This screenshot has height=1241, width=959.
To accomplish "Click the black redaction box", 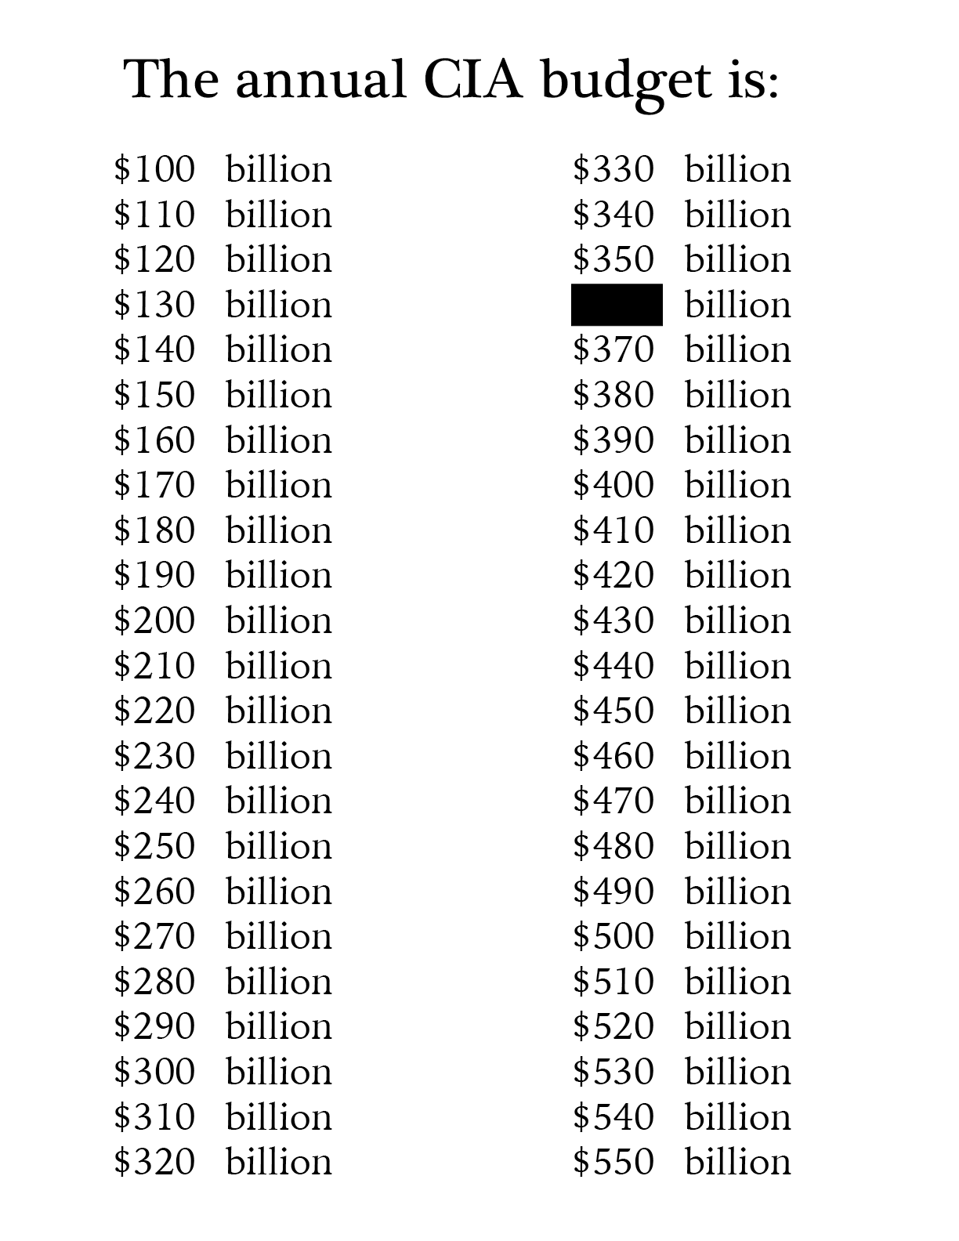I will pos(617,305).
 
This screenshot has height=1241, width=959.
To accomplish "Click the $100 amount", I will pos(154,169).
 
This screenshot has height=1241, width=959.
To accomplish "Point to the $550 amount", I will pos(613,1161).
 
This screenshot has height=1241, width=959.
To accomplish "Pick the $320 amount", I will pos(154,1161).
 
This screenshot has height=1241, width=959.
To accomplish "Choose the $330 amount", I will pos(613,169).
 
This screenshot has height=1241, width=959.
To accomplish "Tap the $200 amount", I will pos(154,620).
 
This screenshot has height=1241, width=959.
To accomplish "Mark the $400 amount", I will pos(613,485).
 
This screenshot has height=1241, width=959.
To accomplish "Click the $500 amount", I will pos(613,936).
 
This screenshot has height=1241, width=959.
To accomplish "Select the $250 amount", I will pos(154,846).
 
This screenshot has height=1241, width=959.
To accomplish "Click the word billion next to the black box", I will pos(737,305).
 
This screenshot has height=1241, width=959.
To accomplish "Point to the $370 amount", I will pos(613,349).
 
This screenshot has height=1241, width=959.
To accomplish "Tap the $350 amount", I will pos(613,259).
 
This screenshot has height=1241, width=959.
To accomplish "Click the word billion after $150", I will pos(279,395).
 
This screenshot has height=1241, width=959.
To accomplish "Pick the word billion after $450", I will pos(737,711).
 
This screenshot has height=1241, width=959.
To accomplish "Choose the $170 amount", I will pos(154,485).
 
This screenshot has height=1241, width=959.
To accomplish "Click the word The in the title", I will pos(172,79).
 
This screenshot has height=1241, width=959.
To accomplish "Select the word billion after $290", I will pos(279,1026).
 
